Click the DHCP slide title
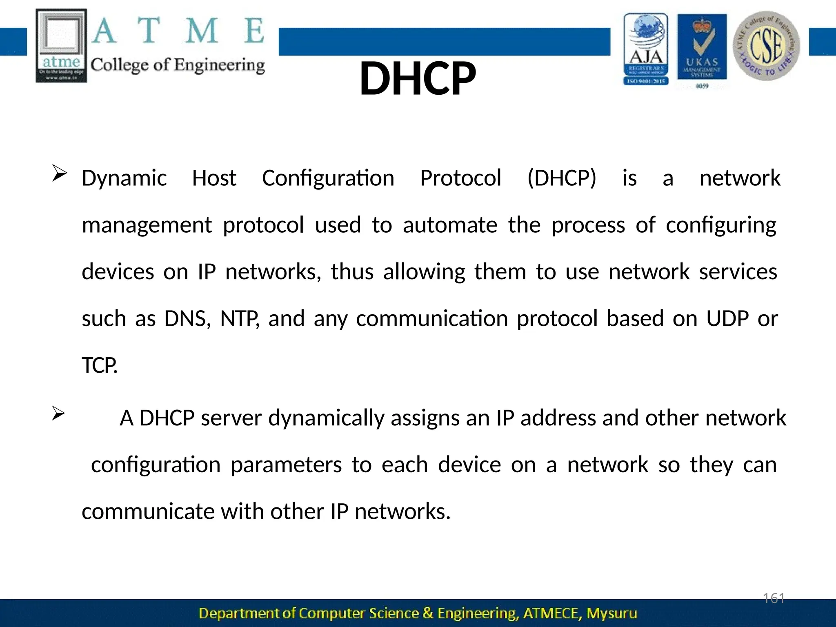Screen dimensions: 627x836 click(418, 78)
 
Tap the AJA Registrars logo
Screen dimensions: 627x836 click(646, 49)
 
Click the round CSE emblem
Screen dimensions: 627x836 click(766, 46)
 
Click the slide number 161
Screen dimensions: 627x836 click(774, 599)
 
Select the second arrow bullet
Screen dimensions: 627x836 click(58, 414)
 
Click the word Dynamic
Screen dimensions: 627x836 click(124, 178)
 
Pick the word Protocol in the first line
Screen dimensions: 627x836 click(460, 178)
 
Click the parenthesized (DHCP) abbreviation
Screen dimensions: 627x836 click(562, 178)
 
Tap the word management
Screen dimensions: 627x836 click(147, 225)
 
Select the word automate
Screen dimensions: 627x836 click(450, 225)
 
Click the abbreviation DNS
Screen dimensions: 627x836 click(187, 319)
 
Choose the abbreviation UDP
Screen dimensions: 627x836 click(727, 319)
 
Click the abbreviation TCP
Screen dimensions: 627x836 click(100, 366)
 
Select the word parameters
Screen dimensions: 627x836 click(286, 465)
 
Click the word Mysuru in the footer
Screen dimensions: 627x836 click(611, 614)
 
